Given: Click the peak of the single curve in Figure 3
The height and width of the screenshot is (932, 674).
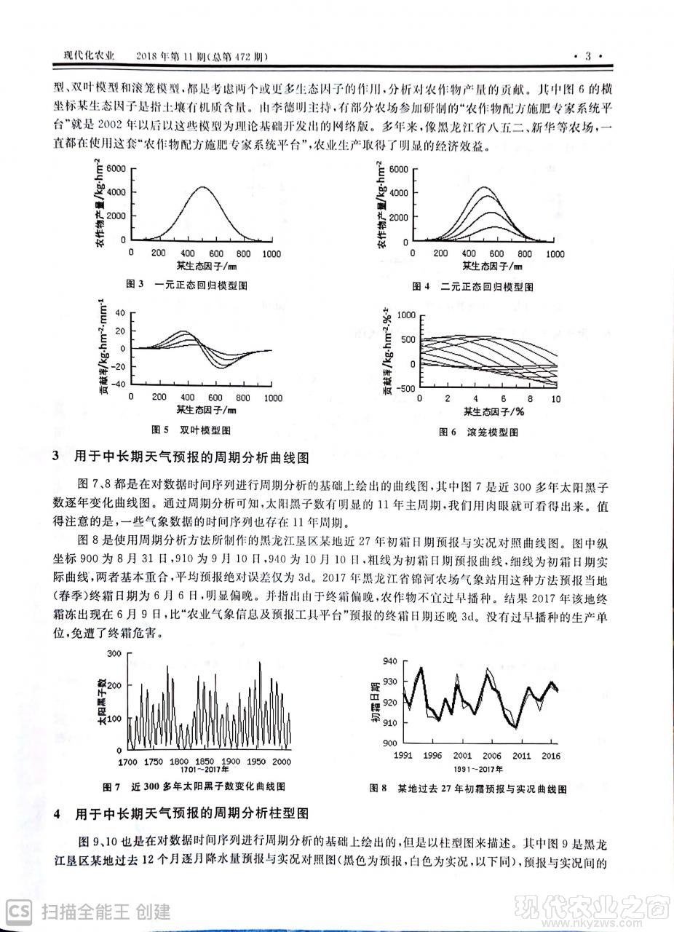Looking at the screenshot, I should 203,187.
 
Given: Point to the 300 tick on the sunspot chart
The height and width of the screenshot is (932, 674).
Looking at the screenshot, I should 113,654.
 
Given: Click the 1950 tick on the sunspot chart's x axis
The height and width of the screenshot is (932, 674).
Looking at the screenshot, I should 255,761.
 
